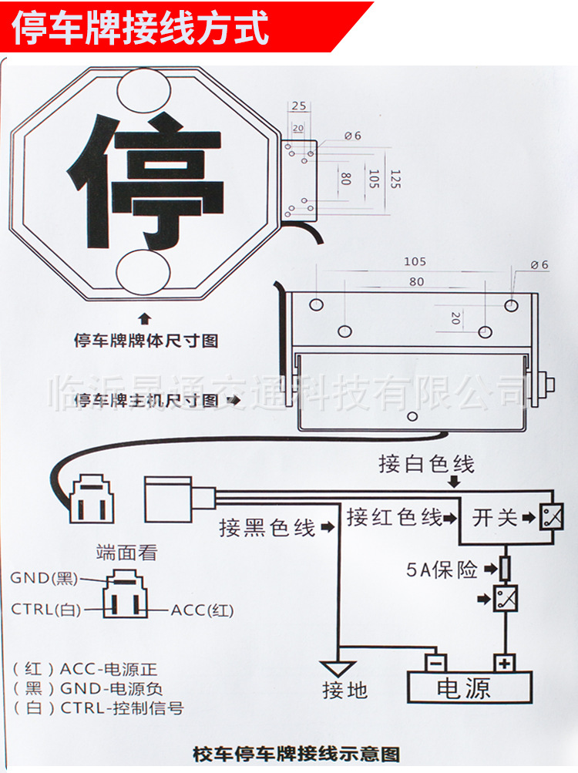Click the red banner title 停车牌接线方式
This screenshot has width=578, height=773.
pyautogui.click(x=141, y=28)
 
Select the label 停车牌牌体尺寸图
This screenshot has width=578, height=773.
pyautogui.click(x=146, y=340)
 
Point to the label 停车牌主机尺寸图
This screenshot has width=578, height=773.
pyautogui.click(x=146, y=401)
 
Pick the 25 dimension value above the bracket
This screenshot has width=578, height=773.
pyautogui.click(x=298, y=106)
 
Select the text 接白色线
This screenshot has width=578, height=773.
pyautogui.click(x=426, y=464)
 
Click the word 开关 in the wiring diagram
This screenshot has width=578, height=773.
pyautogui.click(x=495, y=517)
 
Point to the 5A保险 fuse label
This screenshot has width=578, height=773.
pyautogui.click(x=442, y=570)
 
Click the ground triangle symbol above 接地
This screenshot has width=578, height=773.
pyautogui.click(x=338, y=668)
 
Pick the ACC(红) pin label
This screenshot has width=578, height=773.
pyautogui.click(x=202, y=610)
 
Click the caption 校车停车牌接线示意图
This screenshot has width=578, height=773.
pyautogui.click(x=296, y=753)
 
